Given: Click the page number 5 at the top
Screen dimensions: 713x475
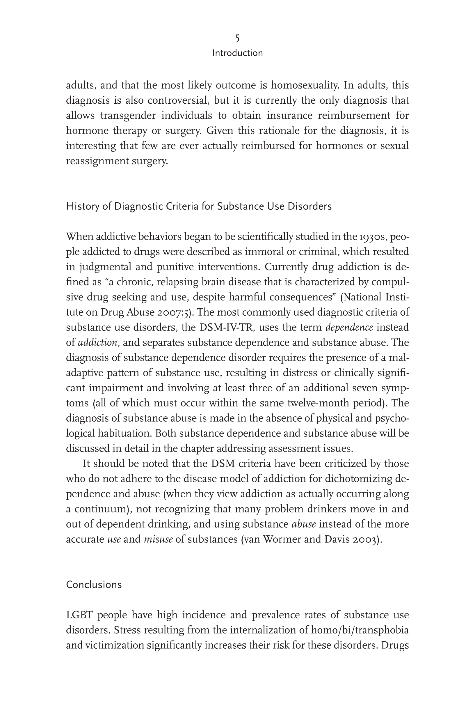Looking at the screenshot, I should pos(237,38).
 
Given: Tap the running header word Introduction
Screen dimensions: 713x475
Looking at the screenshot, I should pos(237,53).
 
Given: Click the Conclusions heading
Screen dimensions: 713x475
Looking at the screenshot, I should pos(94,585).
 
